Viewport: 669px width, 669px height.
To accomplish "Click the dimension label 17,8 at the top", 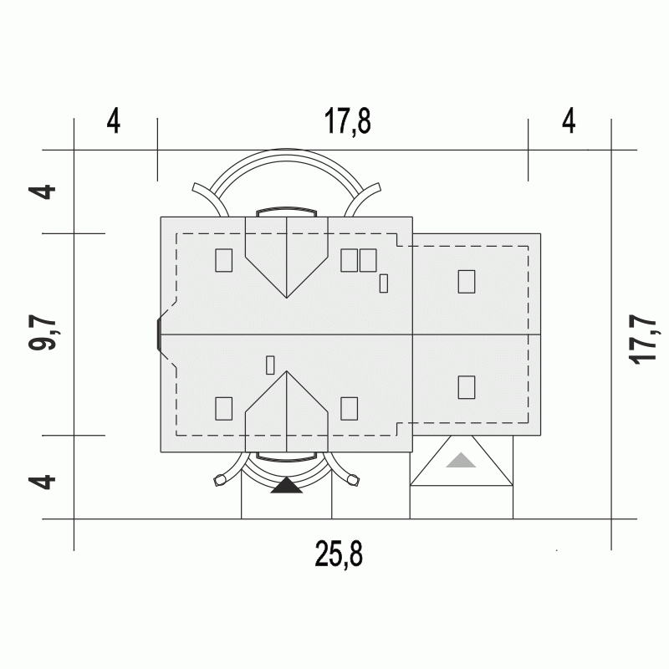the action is click(x=348, y=121).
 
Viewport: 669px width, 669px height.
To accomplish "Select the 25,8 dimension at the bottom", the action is click(x=339, y=554).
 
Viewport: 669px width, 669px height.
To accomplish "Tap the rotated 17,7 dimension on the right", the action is click(x=642, y=340).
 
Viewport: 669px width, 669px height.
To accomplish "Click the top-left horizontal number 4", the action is click(x=114, y=121).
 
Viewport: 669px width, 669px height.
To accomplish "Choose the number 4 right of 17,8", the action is click(x=569, y=121).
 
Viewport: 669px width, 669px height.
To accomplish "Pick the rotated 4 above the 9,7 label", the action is click(x=43, y=192).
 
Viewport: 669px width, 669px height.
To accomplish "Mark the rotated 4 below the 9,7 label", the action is click(x=43, y=483).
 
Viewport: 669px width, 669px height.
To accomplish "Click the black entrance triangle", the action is click(x=287, y=486).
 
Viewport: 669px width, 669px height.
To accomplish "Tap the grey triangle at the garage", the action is click(x=461, y=460).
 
